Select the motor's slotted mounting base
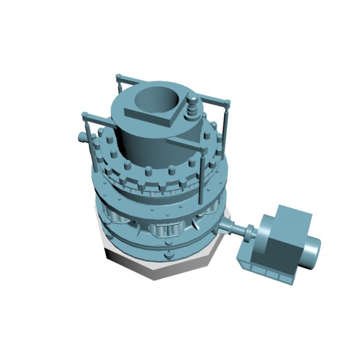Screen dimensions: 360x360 click(264, 270)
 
